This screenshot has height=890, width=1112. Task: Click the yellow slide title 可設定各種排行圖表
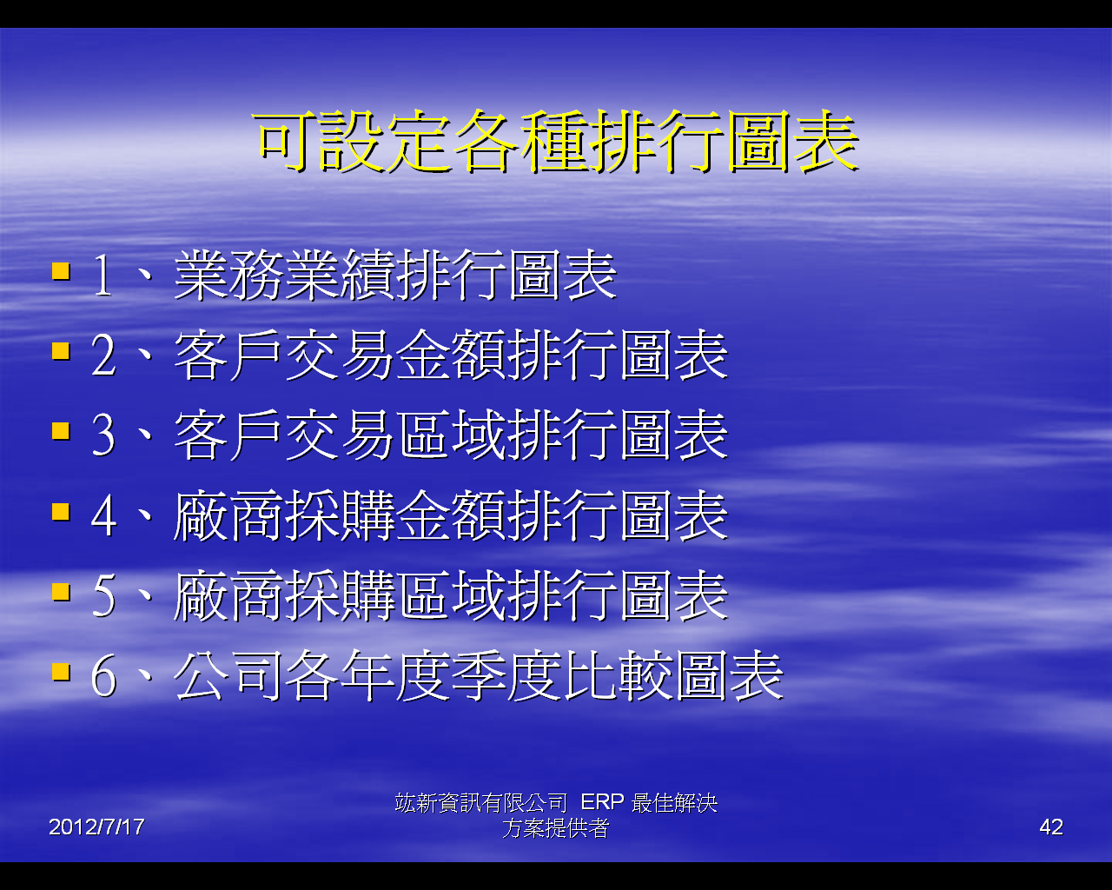click(558, 141)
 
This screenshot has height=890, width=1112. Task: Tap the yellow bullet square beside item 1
click(61, 271)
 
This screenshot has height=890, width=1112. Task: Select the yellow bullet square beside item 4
click(61, 512)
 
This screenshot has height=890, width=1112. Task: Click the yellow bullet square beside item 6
click(61, 673)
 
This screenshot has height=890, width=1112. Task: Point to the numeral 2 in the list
click(103, 355)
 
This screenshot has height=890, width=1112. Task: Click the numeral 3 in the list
click(103, 436)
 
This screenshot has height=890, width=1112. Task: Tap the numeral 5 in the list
click(103, 596)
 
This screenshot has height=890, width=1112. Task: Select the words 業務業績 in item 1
click(287, 276)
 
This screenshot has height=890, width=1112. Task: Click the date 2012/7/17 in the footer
click(96, 827)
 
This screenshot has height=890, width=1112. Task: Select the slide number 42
click(1051, 827)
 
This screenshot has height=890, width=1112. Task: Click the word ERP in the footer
click(602, 802)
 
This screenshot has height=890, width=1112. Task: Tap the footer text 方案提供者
click(555, 828)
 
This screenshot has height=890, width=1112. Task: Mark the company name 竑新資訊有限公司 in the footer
click(481, 802)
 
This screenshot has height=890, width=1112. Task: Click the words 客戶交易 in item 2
click(287, 355)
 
